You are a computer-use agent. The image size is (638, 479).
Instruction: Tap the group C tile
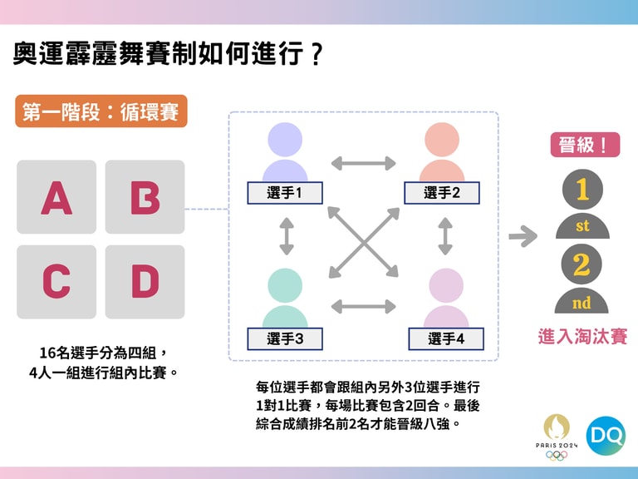(56, 282)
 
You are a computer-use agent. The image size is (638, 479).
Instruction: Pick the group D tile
(145, 282)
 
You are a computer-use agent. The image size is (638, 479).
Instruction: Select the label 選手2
(442, 193)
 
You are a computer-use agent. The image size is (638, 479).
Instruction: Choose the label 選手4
(446, 338)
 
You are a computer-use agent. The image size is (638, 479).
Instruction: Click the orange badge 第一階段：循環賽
(101, 111)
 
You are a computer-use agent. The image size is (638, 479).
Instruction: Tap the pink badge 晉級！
(585, 145)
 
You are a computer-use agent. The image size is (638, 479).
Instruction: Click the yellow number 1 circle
(582, 190)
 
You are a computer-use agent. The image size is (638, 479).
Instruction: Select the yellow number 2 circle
(582, 264)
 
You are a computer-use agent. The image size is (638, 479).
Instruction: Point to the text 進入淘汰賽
(582, 337)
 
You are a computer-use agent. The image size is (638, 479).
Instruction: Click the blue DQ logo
(606, 435)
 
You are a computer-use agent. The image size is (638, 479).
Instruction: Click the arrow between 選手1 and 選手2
(363, 163)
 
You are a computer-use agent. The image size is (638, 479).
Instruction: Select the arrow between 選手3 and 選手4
(363, 306)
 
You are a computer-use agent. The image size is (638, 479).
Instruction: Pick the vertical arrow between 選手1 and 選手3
(287, 236)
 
